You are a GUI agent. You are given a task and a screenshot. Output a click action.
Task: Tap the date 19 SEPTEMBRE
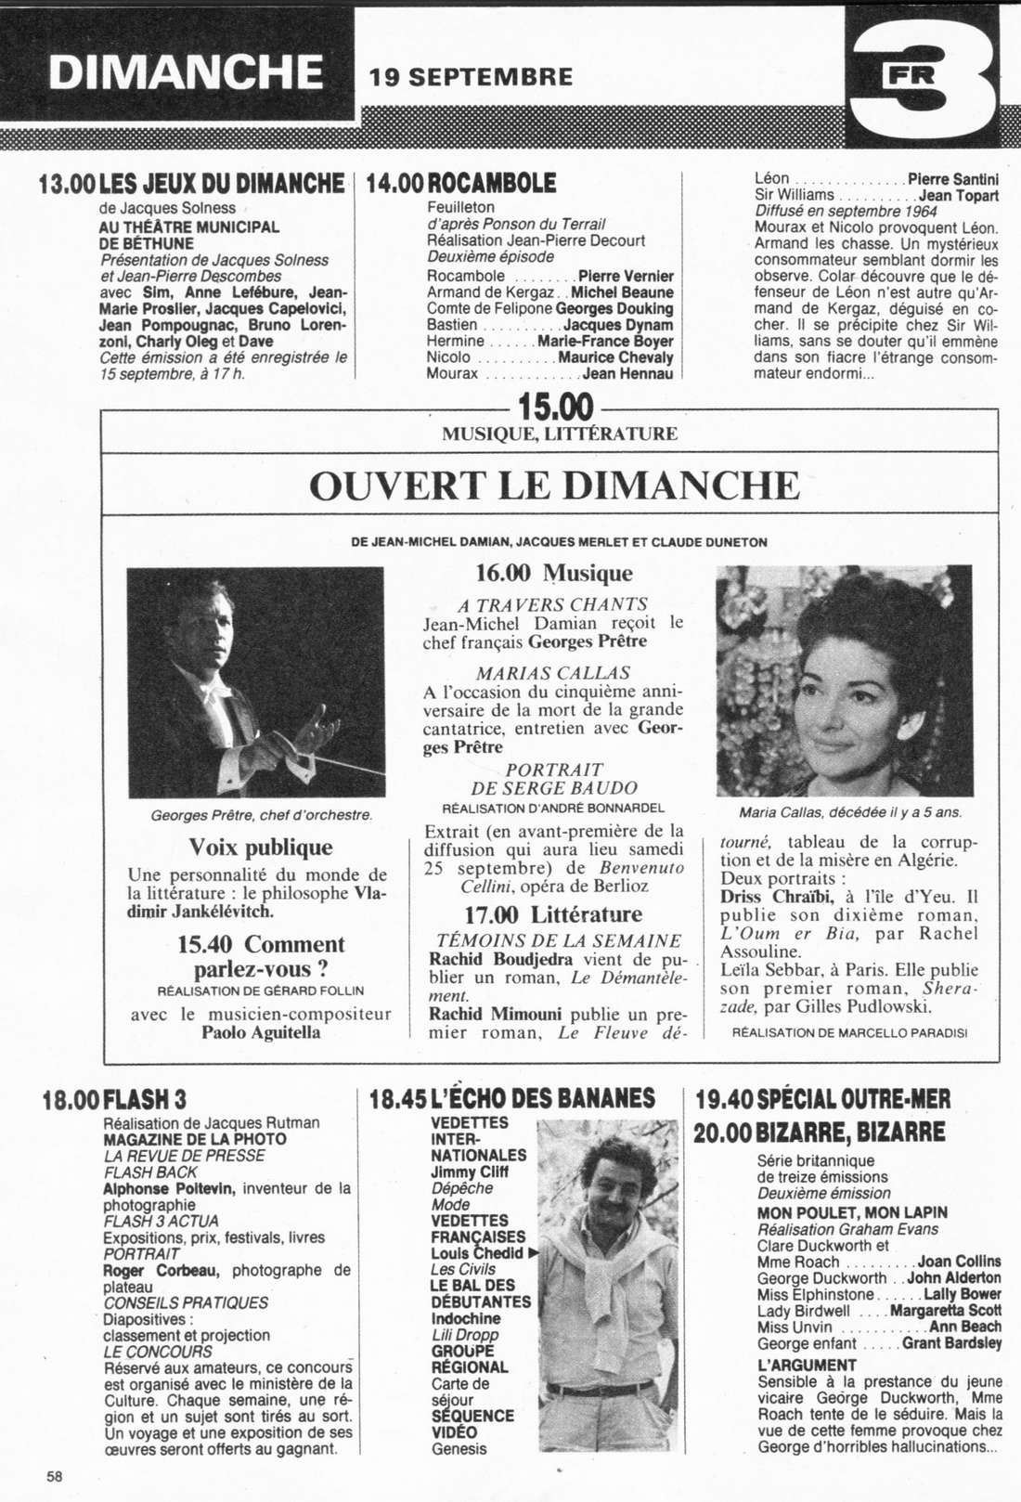click(x=471, y=77)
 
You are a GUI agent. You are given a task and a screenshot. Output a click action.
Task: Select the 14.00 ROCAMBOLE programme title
click(x=462, y=183)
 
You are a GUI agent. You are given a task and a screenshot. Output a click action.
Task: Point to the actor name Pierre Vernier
click(x=626, y=276)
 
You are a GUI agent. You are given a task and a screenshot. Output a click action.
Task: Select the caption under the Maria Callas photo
click(x=849, y=812)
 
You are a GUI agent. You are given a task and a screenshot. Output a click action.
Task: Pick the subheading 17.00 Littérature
click(x=553, y=915)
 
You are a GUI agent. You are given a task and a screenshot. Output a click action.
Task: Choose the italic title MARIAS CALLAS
click(x=553, y=673)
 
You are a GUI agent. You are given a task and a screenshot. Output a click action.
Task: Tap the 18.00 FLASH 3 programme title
click(x=115, y=1100)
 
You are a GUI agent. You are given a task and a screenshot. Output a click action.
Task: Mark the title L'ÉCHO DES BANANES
click(x=513, y=1099)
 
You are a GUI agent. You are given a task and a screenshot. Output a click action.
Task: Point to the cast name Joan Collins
click(x=960, y=1262)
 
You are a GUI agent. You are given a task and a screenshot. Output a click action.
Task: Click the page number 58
click(x=55, y=1476)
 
